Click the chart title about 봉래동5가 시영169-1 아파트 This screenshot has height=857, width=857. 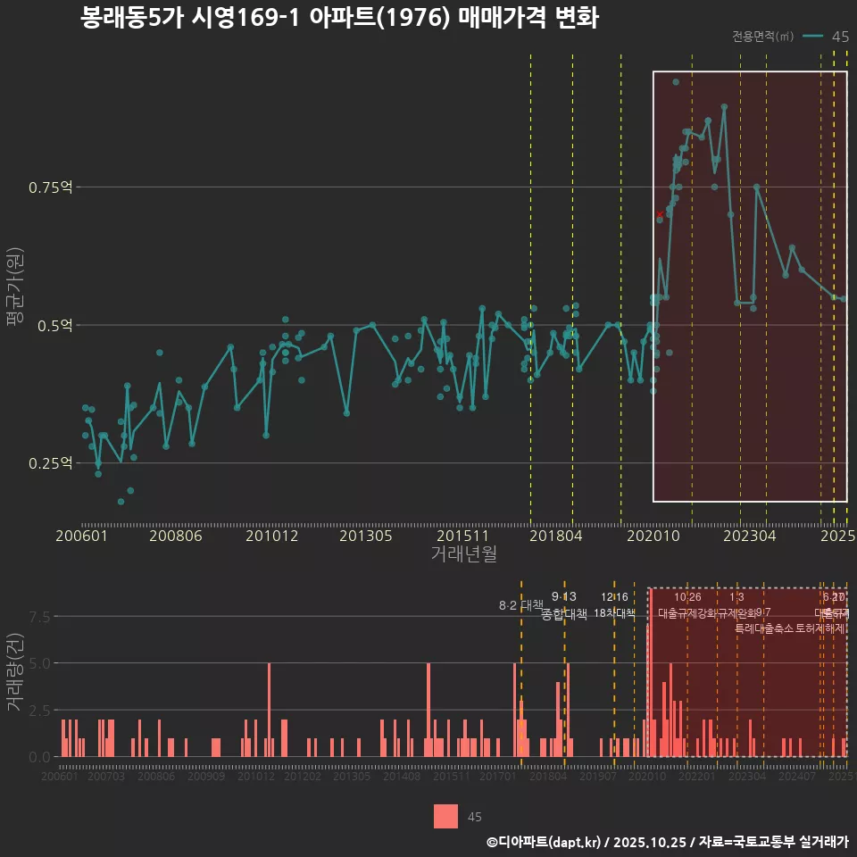point(339,18)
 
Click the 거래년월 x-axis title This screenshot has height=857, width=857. point(463,553)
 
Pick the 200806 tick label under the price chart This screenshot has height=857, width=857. point(175,536)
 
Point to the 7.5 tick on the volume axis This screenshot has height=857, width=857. point(40,617)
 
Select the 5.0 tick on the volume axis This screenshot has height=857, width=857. point(40,663)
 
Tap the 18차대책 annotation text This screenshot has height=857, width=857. point(614,613)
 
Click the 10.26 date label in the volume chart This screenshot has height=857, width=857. point(687,597)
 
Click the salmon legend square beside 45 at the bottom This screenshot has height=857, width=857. point(446,816)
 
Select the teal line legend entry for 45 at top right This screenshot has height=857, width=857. point(812,36)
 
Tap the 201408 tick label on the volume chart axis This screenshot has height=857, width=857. point(402,777)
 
